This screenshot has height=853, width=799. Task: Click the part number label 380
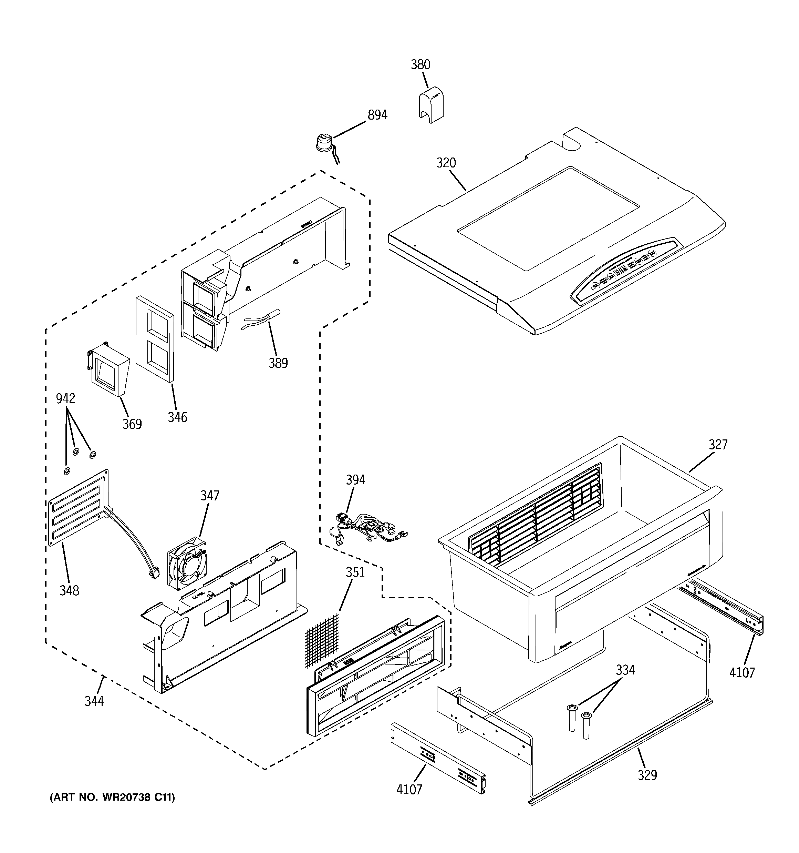[x=420, y=65]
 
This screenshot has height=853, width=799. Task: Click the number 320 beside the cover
[x=446, y=163]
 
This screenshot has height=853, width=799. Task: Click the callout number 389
[x=278, y=363]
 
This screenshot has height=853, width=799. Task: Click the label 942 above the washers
[x=66, y=399]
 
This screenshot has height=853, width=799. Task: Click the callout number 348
[x=69, y=591]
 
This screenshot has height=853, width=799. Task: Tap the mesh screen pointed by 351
[x=322, y=639]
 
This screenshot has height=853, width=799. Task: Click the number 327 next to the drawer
[x=718, y=445]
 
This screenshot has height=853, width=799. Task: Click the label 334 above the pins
[x=625, y=670]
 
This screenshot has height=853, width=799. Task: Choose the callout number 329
[x=647, y=775]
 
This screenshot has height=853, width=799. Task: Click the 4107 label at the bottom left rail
[x=409, y=789]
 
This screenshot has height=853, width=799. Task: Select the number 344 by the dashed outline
[x=94, y=701]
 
